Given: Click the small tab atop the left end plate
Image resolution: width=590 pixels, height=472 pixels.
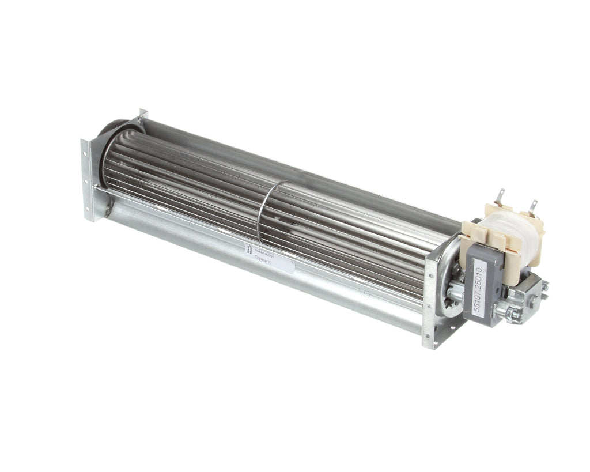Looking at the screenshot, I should click(x=142, y=113).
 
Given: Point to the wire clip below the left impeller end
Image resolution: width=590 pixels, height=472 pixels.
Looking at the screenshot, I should click(x=108, y=207).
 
